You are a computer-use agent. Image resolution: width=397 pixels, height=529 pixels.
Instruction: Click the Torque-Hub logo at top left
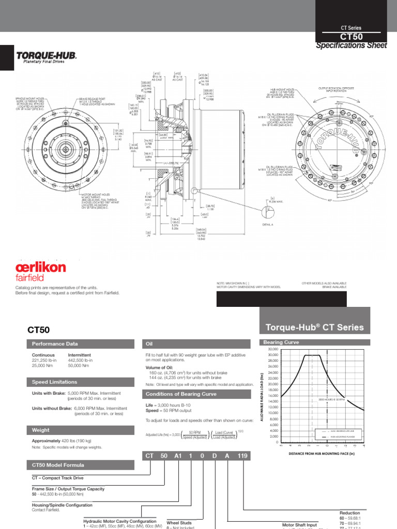pos(47,56)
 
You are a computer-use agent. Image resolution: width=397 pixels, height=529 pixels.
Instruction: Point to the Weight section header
pos(41,430)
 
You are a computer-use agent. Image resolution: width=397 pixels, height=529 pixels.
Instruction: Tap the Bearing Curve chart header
pos(281,343)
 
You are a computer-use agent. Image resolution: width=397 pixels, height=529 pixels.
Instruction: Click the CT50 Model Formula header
pos(55,465)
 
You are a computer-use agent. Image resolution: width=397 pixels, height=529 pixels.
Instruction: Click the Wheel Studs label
pos(179,523)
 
